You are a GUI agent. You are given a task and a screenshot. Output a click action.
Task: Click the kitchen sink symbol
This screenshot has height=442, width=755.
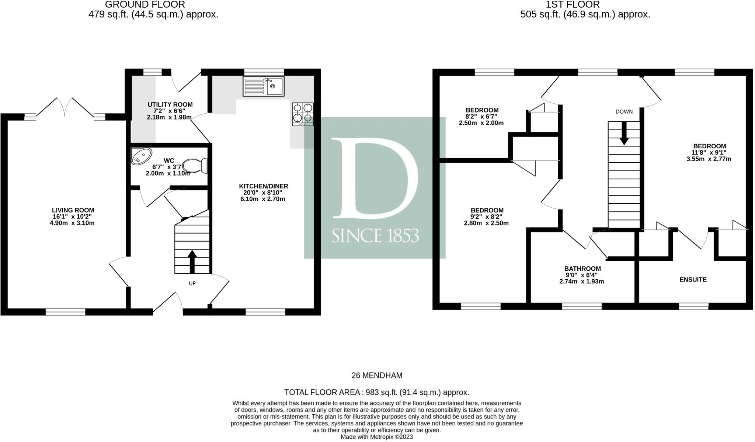(264, 86)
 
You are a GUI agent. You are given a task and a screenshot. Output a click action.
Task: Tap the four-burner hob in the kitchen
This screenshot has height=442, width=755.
(303, 114)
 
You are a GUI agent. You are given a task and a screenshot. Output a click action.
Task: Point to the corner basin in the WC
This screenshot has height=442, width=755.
(141, 156)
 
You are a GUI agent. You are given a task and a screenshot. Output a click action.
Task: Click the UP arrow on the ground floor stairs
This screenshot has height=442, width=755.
(192, 262)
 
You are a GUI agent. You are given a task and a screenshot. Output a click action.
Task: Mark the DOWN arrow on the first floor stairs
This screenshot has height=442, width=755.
(624, 133)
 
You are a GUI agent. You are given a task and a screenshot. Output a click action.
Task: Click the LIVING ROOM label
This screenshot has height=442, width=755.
(73, 210)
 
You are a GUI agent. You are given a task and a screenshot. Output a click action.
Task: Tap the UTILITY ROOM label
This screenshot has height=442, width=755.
(170, 105)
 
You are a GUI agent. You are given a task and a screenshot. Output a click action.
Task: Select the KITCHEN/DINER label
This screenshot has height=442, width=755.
(263, 186)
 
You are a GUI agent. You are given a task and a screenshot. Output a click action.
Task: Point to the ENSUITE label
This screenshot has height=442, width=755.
(693, 280)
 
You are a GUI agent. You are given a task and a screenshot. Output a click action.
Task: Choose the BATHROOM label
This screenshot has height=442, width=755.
(582, 269)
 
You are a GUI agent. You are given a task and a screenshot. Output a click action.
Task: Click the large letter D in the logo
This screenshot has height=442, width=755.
(375, 177)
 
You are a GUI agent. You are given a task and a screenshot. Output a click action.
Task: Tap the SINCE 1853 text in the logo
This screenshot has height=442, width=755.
(375, 235)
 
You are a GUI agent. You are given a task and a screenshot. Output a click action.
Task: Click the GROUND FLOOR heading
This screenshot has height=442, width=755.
(145, 5)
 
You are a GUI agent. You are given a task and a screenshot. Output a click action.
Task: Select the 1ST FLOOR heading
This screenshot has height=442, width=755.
(585, 5)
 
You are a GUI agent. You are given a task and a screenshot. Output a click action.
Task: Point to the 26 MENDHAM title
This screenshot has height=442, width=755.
(377, 376)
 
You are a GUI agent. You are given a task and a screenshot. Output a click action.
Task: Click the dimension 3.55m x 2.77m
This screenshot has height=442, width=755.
(709, 159)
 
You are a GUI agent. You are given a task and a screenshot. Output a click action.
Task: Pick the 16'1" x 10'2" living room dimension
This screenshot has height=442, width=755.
(72, 217)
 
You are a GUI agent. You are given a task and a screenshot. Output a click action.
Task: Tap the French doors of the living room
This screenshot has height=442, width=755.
(65, 107)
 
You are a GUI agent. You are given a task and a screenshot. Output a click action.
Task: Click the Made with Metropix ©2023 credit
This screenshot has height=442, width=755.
(377, 437)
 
